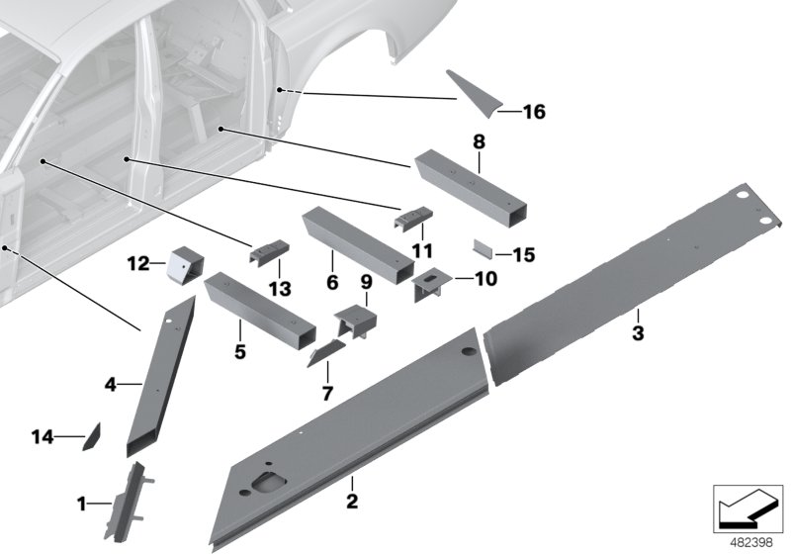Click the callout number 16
pyautogui.click(x=533, y=113)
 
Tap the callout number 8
pyautogui.click(x=480, y=141)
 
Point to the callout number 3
pyautogui.click(x=638, y=333)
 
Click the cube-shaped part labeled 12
pyautogui.click(x=184, y=265)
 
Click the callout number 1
pyautogui.click(x=83, y=506)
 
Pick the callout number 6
pyautogui.click(x=332, y=280)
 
